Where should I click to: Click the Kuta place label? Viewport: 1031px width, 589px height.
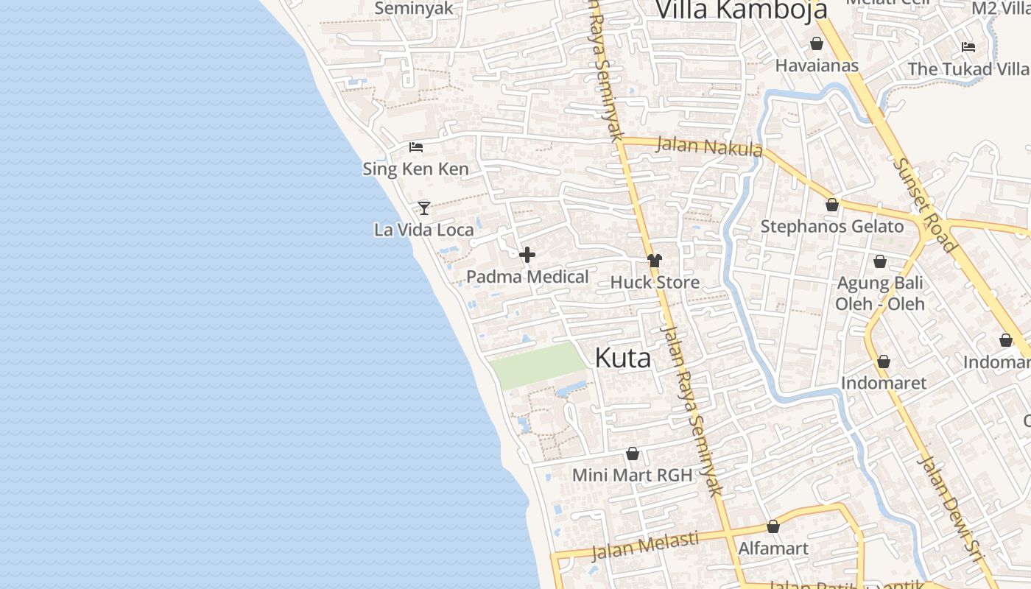click(622, 359)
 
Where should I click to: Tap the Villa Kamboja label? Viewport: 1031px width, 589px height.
click(741, 10)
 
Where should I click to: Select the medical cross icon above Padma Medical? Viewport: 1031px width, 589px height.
click(527, 255)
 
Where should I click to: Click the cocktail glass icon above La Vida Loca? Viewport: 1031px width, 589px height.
click(424, 208)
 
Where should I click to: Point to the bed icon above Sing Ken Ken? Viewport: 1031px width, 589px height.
click(416, 147)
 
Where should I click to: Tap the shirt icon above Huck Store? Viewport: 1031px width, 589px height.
click(655, 260)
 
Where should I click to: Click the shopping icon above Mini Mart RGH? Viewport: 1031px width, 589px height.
click(633, 454)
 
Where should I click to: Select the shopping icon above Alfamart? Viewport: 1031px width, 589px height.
click(773, 526)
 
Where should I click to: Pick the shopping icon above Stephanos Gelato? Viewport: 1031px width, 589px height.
click(832, 205)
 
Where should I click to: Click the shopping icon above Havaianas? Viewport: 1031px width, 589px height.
click(817, 43)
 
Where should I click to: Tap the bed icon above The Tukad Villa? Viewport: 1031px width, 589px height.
click(968, 47)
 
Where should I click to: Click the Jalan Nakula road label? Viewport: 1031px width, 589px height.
click(708, 146)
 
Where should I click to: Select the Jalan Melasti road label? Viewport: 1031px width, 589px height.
click(645, 546)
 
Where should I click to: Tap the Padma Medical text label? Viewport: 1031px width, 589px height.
click(527, 278)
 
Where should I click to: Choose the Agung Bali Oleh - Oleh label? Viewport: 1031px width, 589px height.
click(880, 293)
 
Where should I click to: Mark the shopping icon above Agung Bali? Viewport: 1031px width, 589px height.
click(880, 261)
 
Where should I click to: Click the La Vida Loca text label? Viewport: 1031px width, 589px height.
click(424, 230)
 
